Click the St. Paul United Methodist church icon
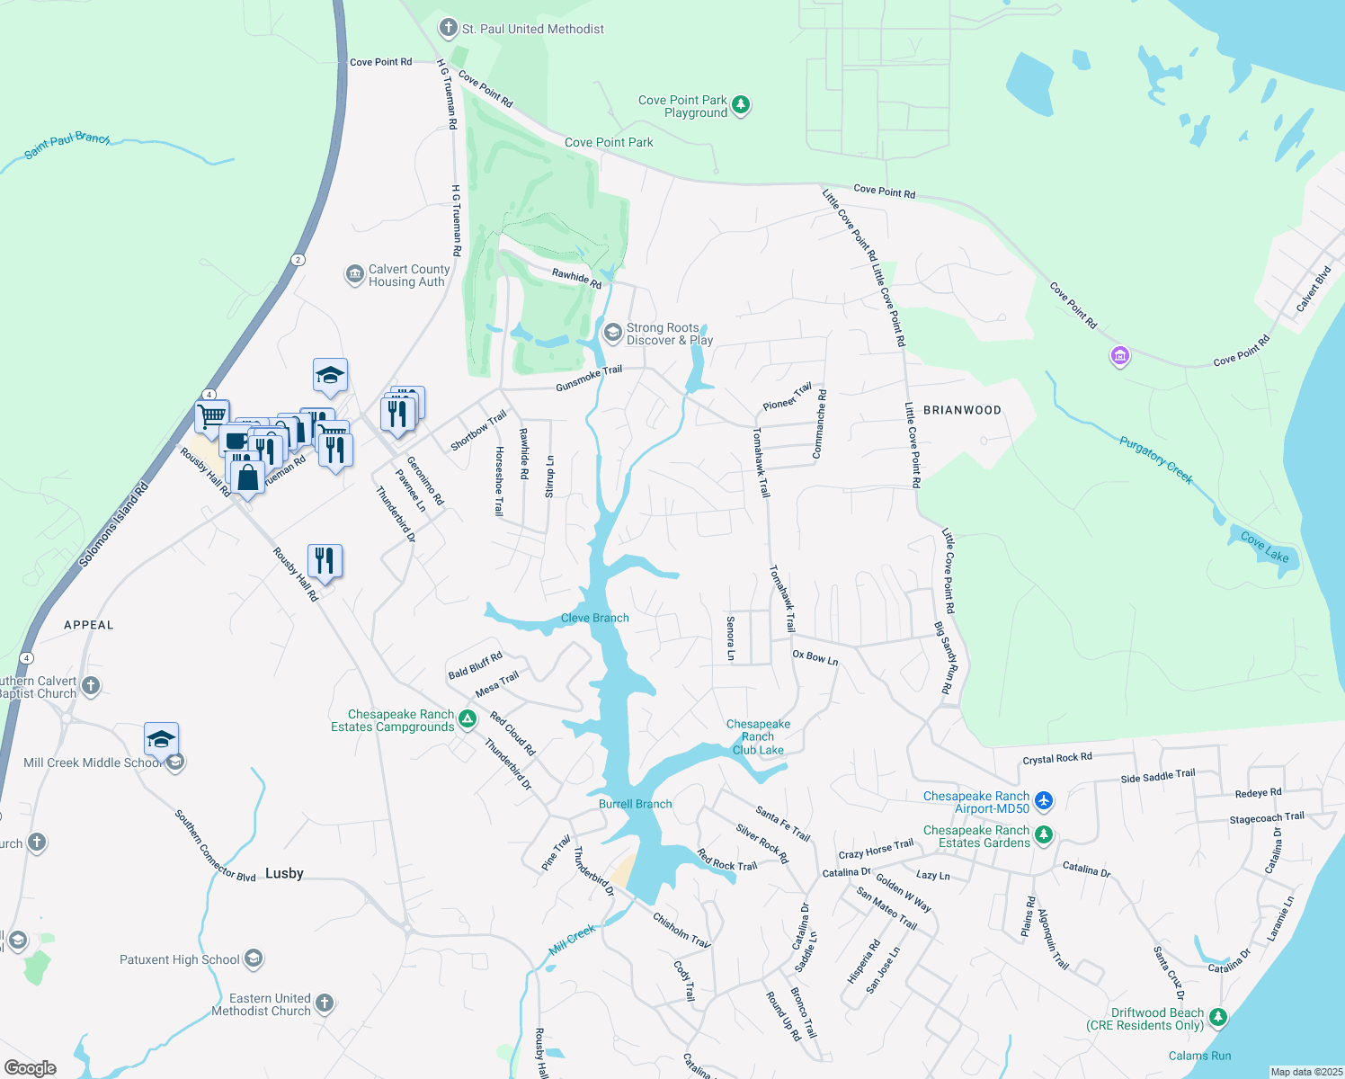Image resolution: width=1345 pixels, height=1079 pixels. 448,29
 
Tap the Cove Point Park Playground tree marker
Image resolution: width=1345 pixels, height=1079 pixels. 741,106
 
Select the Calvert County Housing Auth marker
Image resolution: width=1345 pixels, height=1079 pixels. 355,275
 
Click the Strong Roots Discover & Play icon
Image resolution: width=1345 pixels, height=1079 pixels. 612,334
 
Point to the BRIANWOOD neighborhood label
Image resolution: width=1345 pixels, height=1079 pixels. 962,410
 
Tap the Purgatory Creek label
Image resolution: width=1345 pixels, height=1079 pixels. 1156,459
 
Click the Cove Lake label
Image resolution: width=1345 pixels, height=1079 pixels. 1264,548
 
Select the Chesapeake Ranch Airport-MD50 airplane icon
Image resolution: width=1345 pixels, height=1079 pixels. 1043,800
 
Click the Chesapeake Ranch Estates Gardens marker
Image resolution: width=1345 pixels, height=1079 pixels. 1043,835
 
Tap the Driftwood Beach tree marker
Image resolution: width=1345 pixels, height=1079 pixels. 1217,1017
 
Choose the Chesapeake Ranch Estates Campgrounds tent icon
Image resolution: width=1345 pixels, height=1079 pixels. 467,719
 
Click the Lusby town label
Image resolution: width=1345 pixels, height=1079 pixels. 284,873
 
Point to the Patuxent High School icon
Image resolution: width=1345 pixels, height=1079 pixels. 254,959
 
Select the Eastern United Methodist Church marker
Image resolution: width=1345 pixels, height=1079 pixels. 325,1003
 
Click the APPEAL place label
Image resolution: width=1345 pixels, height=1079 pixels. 89,625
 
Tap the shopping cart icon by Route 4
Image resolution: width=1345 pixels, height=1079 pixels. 212,417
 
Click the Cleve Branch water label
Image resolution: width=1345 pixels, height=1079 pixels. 594,618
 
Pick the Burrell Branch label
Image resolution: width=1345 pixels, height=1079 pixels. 635,804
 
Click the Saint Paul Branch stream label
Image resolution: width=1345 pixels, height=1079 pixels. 67,145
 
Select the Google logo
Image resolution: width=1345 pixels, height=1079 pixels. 31,1068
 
